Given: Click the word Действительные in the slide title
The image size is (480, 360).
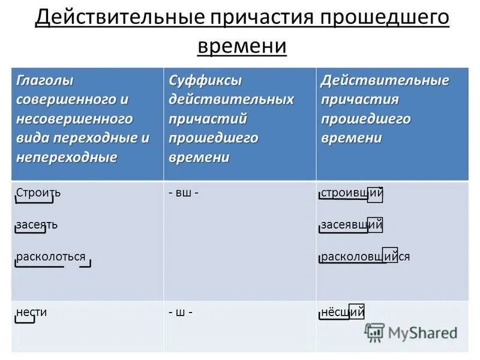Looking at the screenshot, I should point(119,17).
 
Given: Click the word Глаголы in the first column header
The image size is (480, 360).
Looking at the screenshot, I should point(45,80).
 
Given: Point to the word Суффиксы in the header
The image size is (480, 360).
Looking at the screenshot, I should point(205,80).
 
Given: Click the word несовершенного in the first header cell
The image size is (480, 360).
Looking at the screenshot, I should point(74,118).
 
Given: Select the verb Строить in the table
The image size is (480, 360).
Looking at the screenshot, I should point(38,193).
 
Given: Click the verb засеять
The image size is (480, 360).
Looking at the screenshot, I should point(37,224).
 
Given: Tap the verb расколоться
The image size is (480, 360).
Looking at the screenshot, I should point(51,257).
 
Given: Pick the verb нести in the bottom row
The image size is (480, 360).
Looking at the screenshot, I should point(32,312).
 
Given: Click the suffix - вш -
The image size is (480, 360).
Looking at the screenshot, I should point(184,193).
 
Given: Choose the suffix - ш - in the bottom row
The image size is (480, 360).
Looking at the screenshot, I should point(181,312).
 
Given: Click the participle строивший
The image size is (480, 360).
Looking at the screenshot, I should point(352,193).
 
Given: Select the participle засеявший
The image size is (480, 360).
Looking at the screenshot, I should point(352,225).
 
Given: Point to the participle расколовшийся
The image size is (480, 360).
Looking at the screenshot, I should point(365,257).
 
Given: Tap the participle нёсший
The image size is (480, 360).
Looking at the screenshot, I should point(343,312).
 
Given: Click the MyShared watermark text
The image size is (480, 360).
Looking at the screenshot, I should point(422,334).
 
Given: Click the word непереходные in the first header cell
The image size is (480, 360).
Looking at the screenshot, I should point(67,157).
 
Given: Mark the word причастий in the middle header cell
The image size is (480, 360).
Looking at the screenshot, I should point(208,118).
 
